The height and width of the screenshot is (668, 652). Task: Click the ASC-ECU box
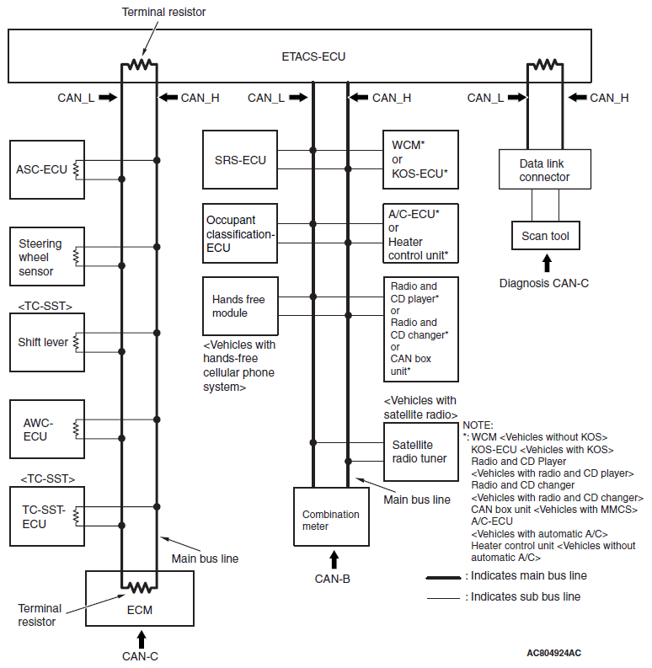tap(47, 169)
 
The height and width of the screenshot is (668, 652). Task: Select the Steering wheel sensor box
tap(47, 256)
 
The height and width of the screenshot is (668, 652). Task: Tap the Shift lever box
tap(47, 343)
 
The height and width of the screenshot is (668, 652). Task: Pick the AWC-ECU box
tap(47, 429)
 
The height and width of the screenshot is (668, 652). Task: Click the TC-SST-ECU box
tap(47, 516)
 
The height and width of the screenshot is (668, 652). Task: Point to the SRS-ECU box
tap(240, 160)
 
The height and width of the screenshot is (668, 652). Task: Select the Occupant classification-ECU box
tap(240, 233)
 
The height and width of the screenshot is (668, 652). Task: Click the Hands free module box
tap(240, 306)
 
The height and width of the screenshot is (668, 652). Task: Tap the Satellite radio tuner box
tap(421, 452)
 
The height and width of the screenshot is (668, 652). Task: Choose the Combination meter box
tap(331, 516)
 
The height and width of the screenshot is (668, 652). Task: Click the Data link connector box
tap(545, 169)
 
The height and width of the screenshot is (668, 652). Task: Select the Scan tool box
tap(546, 235)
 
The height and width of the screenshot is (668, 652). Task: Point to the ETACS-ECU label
tap(313, 56)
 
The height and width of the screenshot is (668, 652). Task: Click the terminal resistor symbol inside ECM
tap(139, 587)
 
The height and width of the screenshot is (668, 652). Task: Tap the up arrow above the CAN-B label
tap(334, 559)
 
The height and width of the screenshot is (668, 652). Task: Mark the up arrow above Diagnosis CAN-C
tap(547, 263)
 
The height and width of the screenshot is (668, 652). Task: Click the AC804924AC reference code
tap(554, 653)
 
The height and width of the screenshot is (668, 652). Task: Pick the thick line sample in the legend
tap(443, 578)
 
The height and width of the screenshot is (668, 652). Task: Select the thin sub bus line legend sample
tap(443, 599)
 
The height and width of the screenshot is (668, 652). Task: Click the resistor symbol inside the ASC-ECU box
tap(76, 170)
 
